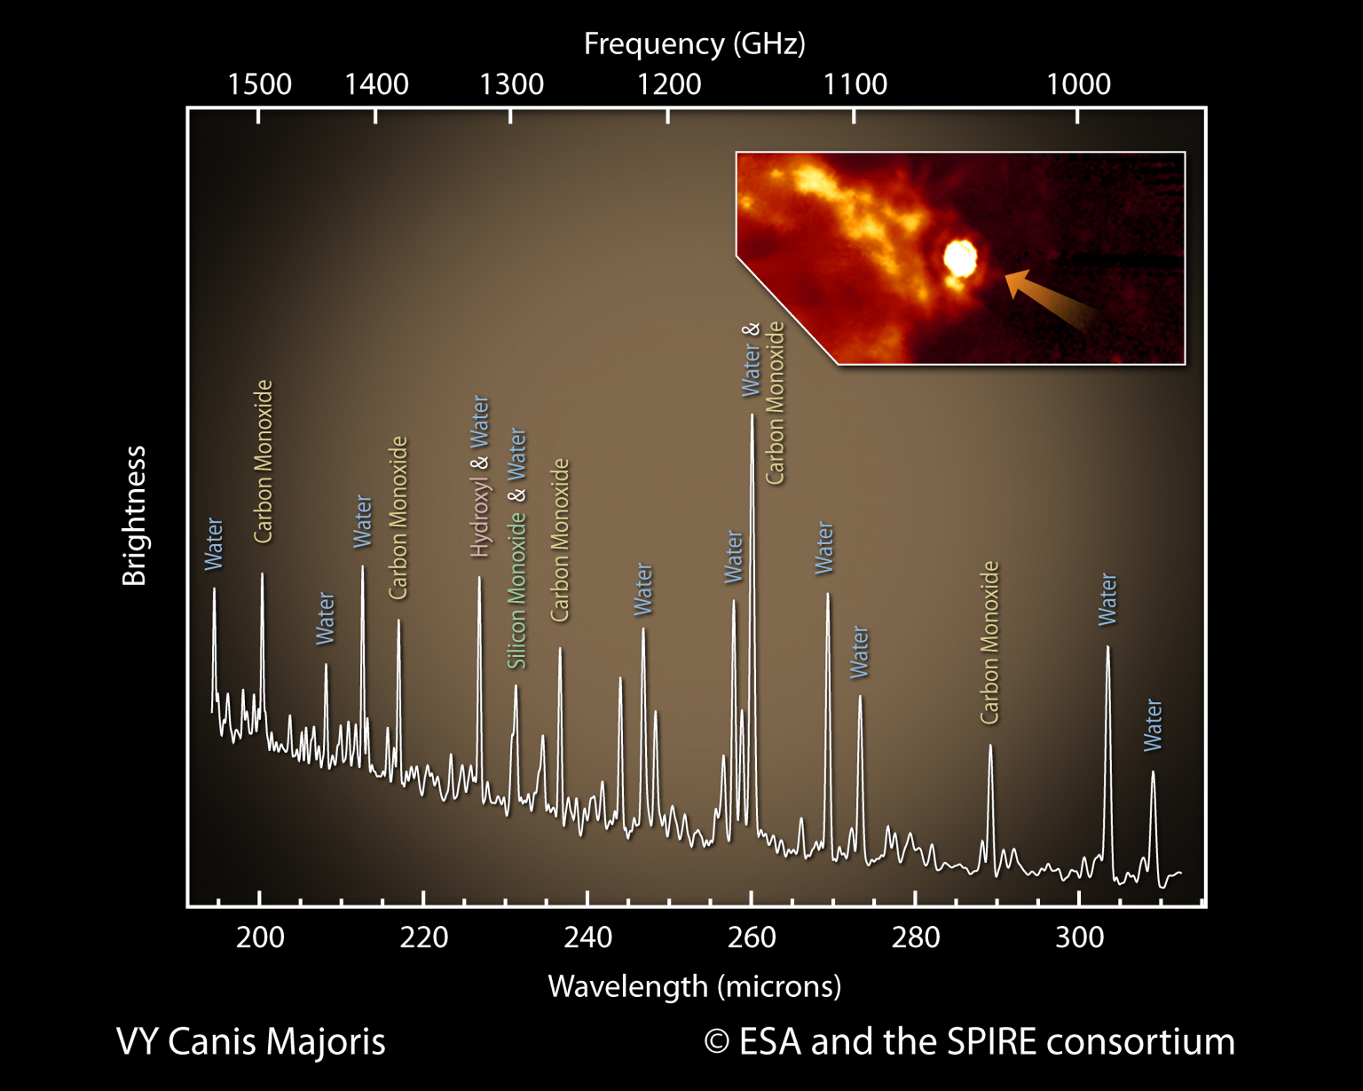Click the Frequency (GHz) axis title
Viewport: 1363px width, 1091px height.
(694, 43)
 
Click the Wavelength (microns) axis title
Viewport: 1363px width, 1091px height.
(694, 986)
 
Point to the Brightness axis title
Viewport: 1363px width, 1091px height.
(134, 516)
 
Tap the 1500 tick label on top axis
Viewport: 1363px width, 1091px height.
(259, 84)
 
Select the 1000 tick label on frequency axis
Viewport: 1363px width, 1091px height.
(1078, 84)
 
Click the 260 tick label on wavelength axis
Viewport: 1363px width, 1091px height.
(752, 937)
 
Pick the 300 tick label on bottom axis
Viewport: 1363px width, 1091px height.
(1079, 937)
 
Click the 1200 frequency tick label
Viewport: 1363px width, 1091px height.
(669, 84)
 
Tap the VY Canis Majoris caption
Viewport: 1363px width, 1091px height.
(250, 1041)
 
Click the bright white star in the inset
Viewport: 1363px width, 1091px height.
(959, 258)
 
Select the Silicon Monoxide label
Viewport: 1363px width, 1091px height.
(516, 591)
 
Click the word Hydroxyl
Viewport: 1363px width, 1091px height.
(480, 518)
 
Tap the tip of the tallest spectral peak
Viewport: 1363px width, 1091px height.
(752, 415)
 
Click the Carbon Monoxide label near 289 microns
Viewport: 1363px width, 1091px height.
(989, 642)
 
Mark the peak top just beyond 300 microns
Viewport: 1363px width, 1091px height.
(1107, 647)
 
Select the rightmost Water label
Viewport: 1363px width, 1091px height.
(1153, 724)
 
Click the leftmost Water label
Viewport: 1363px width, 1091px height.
(214, 543)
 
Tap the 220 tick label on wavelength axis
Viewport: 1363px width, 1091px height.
(423, 937)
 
